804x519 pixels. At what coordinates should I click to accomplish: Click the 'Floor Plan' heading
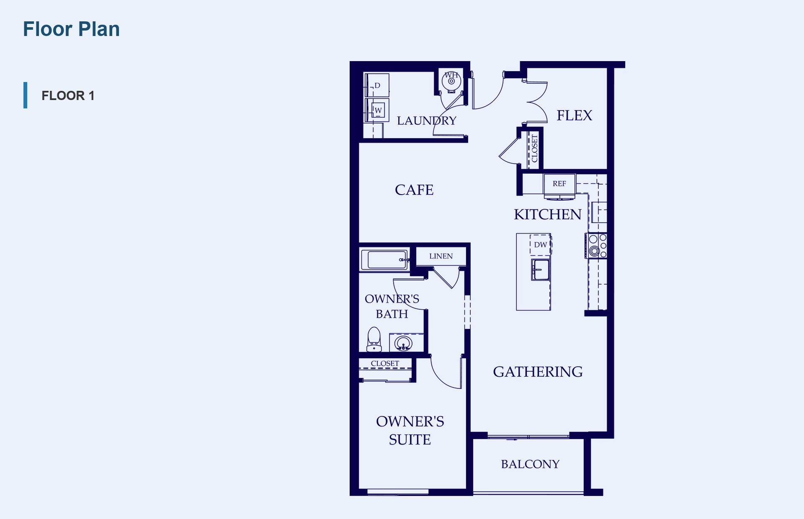coord(71,29)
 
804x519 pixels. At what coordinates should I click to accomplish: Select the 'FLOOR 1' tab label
coord(68,95)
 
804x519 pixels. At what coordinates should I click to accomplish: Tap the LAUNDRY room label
coord(426,121)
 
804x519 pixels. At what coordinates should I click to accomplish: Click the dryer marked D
coord(377,85)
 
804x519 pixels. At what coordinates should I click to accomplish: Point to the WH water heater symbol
coord(451,81)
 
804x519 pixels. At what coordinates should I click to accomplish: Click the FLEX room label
coord(574,115)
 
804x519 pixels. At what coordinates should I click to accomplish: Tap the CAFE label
coord(414,190)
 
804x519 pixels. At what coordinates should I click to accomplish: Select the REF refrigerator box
coord(559,184)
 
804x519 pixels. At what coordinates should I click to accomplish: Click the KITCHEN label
coord(548,214)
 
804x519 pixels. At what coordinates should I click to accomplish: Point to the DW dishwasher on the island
coord(541,244)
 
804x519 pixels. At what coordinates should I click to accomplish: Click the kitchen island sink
coord(541,269)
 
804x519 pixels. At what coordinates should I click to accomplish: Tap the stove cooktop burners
coord(596,245)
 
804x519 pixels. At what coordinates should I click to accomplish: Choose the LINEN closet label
coord(441,256)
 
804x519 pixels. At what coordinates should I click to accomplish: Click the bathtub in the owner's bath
coord(384,259)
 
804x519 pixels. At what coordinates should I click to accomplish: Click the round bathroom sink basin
coord(403,343)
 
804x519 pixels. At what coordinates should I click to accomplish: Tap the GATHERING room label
coord(538,372)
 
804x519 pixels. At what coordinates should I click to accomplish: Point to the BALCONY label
coord(530,464)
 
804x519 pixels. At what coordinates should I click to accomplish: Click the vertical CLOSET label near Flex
coord(534,149)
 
